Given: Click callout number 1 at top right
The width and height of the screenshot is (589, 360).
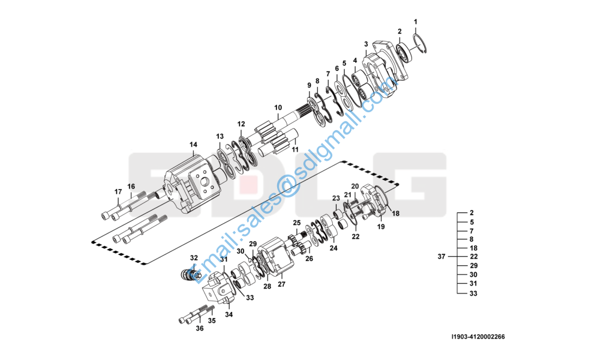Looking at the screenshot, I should pyautogui.click(x=415, y=22).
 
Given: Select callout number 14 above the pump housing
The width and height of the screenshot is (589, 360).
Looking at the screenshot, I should pyautogui.click(x=193, y=145).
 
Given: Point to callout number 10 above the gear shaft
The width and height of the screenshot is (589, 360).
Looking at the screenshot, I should pyautogui.click(x=278, y=108).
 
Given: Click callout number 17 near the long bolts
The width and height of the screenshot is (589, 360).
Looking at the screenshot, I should pyautogui.click(x=118, y=192).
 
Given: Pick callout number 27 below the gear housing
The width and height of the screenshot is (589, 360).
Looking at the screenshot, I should pyautogui.click(x=281, y=284).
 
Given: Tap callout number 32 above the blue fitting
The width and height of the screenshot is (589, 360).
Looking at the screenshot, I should pyautogui.click(x=194, y=258).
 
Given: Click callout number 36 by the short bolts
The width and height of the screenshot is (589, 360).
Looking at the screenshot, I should pyautogui.click(x=200, y=328).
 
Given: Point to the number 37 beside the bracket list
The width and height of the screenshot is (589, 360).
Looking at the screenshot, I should pyautogui.click(x=442, y=256).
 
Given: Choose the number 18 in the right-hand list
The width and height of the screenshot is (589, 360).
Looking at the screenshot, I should pyautogui.click(x=473, y=248).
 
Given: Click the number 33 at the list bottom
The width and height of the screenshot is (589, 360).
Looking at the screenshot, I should pyautogui.click(x=473, y=294).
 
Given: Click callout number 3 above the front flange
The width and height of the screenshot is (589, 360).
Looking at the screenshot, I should pyautogui.click(x=366, y=44).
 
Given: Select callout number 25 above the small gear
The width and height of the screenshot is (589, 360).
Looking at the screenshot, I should pyautogui.click(x=296, y=223).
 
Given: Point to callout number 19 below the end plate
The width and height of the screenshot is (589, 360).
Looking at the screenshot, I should pyautogui.click(x=380, y=227).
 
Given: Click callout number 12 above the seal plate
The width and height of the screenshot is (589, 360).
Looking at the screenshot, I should pyautogui.click(x=241, y=124).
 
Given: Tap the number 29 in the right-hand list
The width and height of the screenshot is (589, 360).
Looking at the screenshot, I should pyautogui.click(x=473, y=265).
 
